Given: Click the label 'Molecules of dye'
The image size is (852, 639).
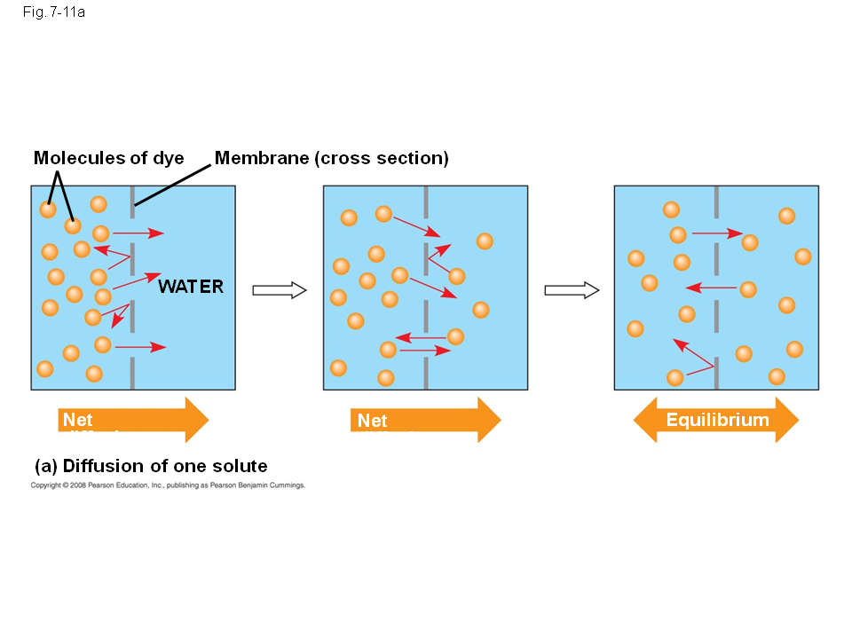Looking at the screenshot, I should point(108,159).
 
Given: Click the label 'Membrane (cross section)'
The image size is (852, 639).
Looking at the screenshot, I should point(331,159).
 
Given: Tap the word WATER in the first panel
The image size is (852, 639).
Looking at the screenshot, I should point(191,287).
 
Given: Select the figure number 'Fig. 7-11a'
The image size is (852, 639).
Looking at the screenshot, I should point(54,12).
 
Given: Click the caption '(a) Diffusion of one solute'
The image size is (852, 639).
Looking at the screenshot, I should point(151,467).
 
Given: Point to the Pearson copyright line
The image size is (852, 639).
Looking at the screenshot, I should point(168,485).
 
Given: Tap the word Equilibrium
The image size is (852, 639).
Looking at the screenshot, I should point(717,420).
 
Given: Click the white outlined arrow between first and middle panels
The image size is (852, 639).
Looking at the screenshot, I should point(279,290).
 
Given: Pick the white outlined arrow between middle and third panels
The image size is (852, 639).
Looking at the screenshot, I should point(571,290).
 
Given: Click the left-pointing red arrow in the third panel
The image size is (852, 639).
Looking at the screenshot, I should point(711,288).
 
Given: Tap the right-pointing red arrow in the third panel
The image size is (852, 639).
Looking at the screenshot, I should point(717,233).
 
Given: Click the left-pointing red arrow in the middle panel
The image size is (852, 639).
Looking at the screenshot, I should point(421,338).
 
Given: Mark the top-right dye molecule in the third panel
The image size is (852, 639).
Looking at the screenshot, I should point(786,216).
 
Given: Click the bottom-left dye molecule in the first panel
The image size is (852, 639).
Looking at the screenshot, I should point(45,368).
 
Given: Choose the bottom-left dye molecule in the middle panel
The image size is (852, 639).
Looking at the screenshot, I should point(338,367).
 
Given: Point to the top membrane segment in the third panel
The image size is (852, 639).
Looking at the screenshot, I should point(716,201).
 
